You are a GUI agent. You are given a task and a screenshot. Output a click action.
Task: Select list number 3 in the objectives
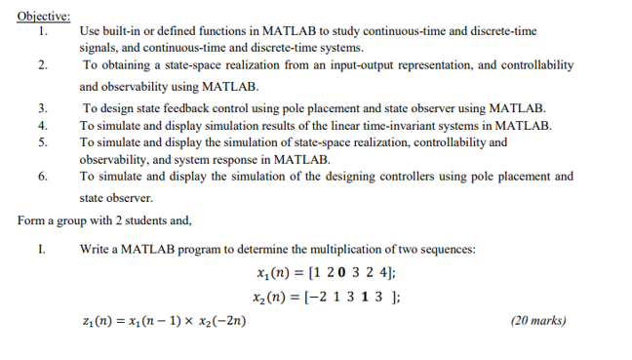[x=41, y=108]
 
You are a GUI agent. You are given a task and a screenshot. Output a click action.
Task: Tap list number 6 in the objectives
[x=41, y=177]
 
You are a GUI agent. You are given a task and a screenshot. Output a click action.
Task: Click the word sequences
[x=450, y=248]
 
